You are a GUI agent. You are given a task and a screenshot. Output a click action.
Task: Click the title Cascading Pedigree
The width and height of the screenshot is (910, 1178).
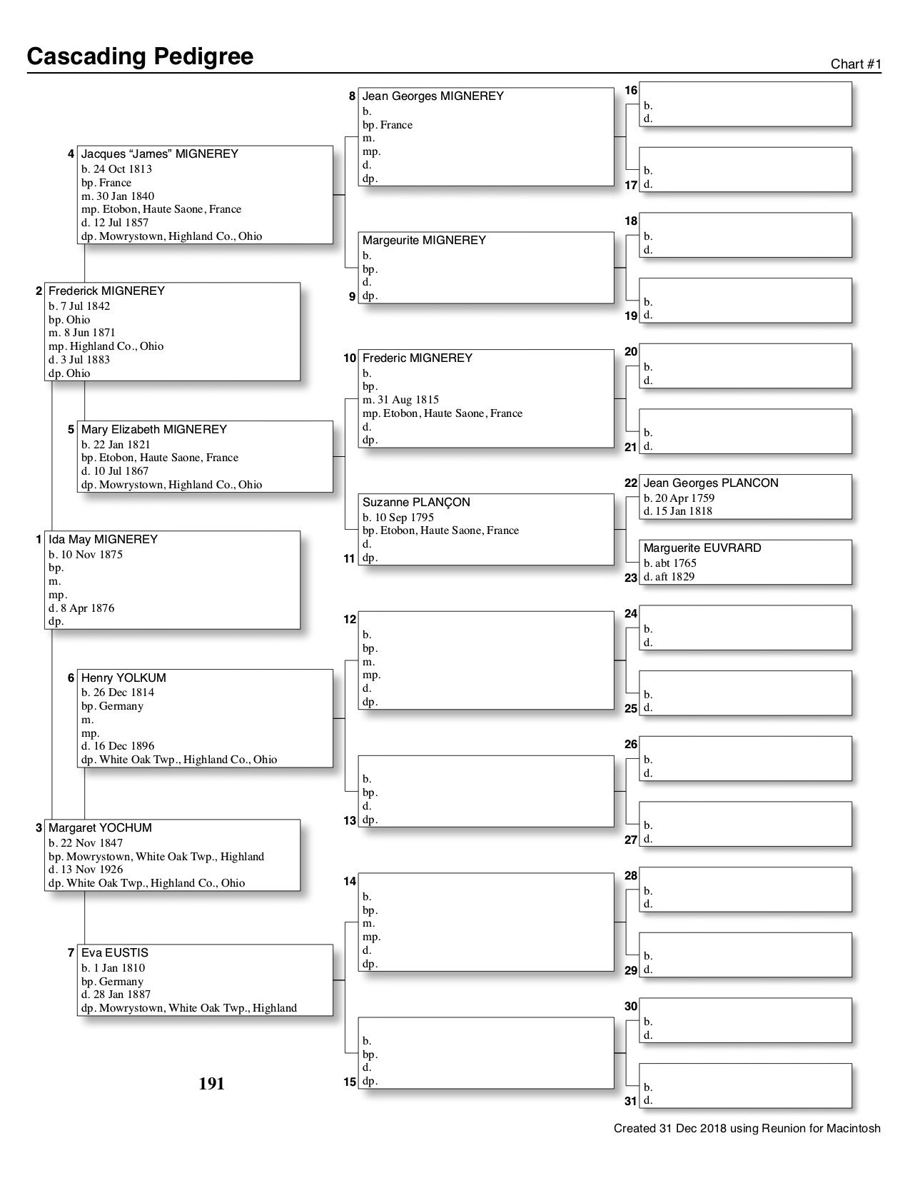tap(140, 56)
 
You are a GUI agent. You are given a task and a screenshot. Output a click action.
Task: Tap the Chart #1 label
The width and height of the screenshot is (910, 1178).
tap(856, 64)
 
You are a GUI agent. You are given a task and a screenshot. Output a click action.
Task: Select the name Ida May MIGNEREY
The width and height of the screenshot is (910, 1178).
tap(103, 540)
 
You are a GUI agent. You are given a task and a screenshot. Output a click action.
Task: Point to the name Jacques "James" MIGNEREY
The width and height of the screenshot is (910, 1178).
tap(159, 154)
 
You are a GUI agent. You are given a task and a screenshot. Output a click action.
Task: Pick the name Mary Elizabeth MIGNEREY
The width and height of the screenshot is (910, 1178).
tap(153, 430)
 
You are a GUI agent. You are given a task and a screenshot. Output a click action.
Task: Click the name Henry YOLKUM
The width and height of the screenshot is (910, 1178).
tap(123, 678)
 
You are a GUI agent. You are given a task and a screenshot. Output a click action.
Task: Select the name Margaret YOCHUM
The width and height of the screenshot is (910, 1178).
tap(100, 828)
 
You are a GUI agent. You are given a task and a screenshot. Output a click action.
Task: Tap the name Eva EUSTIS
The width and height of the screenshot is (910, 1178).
tap(114, 953)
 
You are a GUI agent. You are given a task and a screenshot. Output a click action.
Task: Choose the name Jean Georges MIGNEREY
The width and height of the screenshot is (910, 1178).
tap(433, 96)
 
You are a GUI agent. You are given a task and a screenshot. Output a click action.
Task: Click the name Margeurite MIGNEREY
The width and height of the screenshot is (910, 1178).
tap(424, 241)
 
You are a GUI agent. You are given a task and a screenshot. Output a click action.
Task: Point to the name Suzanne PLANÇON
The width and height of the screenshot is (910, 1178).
tap(416, 503)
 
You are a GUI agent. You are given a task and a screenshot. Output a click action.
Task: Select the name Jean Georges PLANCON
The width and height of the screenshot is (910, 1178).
tap(711, 483)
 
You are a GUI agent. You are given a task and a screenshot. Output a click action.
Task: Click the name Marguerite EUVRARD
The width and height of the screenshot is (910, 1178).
tap(702, 548)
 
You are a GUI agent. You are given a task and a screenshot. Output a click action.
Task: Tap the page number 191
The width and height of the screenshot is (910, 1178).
tap(211, 1084)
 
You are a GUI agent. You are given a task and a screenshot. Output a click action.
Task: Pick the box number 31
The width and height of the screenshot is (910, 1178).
tap(630, 1101)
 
